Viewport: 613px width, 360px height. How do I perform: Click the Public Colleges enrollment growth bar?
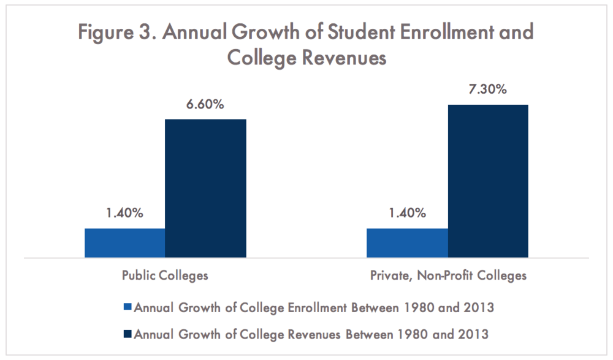click(x=124, y=243)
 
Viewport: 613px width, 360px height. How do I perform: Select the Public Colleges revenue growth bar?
click(x=205, y=188)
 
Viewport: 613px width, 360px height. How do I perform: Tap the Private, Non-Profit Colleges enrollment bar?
click(x=407, y=243)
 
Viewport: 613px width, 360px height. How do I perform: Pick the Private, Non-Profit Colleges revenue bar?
click(x=488, y=181)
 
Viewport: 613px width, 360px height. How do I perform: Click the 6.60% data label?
click(x=205, y=104)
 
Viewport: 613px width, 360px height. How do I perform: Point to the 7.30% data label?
click(x=488, y=90)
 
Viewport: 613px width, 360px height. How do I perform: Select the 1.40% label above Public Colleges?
click(x=124, y=213)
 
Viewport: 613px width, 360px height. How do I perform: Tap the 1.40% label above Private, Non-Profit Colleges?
click(x=407, y=213)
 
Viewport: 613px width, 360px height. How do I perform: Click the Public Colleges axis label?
click(x=164, y=275)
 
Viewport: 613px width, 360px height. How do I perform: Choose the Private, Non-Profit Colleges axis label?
click(x=448, y=275)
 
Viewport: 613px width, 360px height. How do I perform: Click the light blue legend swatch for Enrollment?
click(x=128, y=308)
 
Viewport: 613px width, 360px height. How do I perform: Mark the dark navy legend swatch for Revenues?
click(x=128, y=334)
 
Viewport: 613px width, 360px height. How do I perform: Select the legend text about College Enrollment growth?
click(x=313, y=308)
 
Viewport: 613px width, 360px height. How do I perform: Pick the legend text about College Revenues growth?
click(x=311, y=334)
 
